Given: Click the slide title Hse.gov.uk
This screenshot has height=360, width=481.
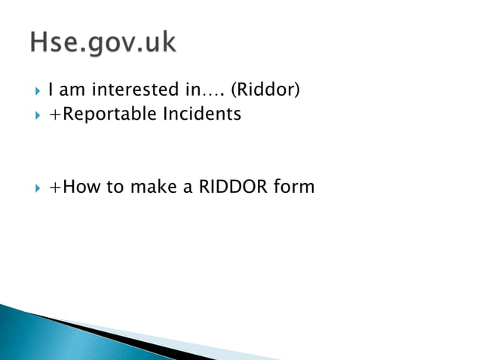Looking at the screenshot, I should click(x=103, y=44).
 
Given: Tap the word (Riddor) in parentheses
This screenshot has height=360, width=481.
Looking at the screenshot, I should click(x=265, y=92).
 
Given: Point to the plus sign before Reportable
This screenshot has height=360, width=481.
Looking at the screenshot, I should click(x=54, y=115).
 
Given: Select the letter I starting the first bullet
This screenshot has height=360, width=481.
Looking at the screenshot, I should click(x=51, y=92).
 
